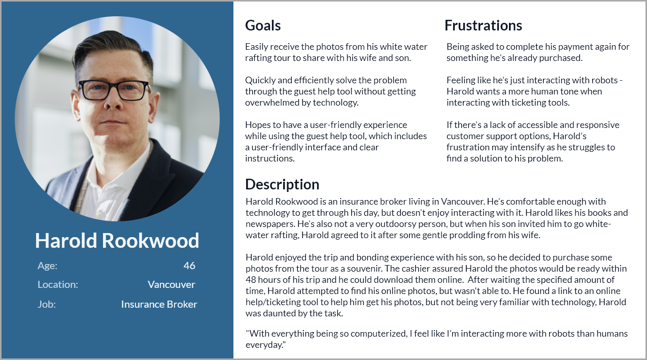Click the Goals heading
tap(263, 25)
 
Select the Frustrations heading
tap(483, 25)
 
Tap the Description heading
tap(282, 184)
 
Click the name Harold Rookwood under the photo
tap(117, 241)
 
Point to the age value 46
tap(189, 266)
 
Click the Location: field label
tap(58, 284)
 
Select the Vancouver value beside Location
tap(172, 284)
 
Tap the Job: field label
tap(47, 304)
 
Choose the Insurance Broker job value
tap(159, 304)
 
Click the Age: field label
tap(47, 266)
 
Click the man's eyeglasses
tap(114, 89)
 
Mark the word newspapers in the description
tap(270, 224)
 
